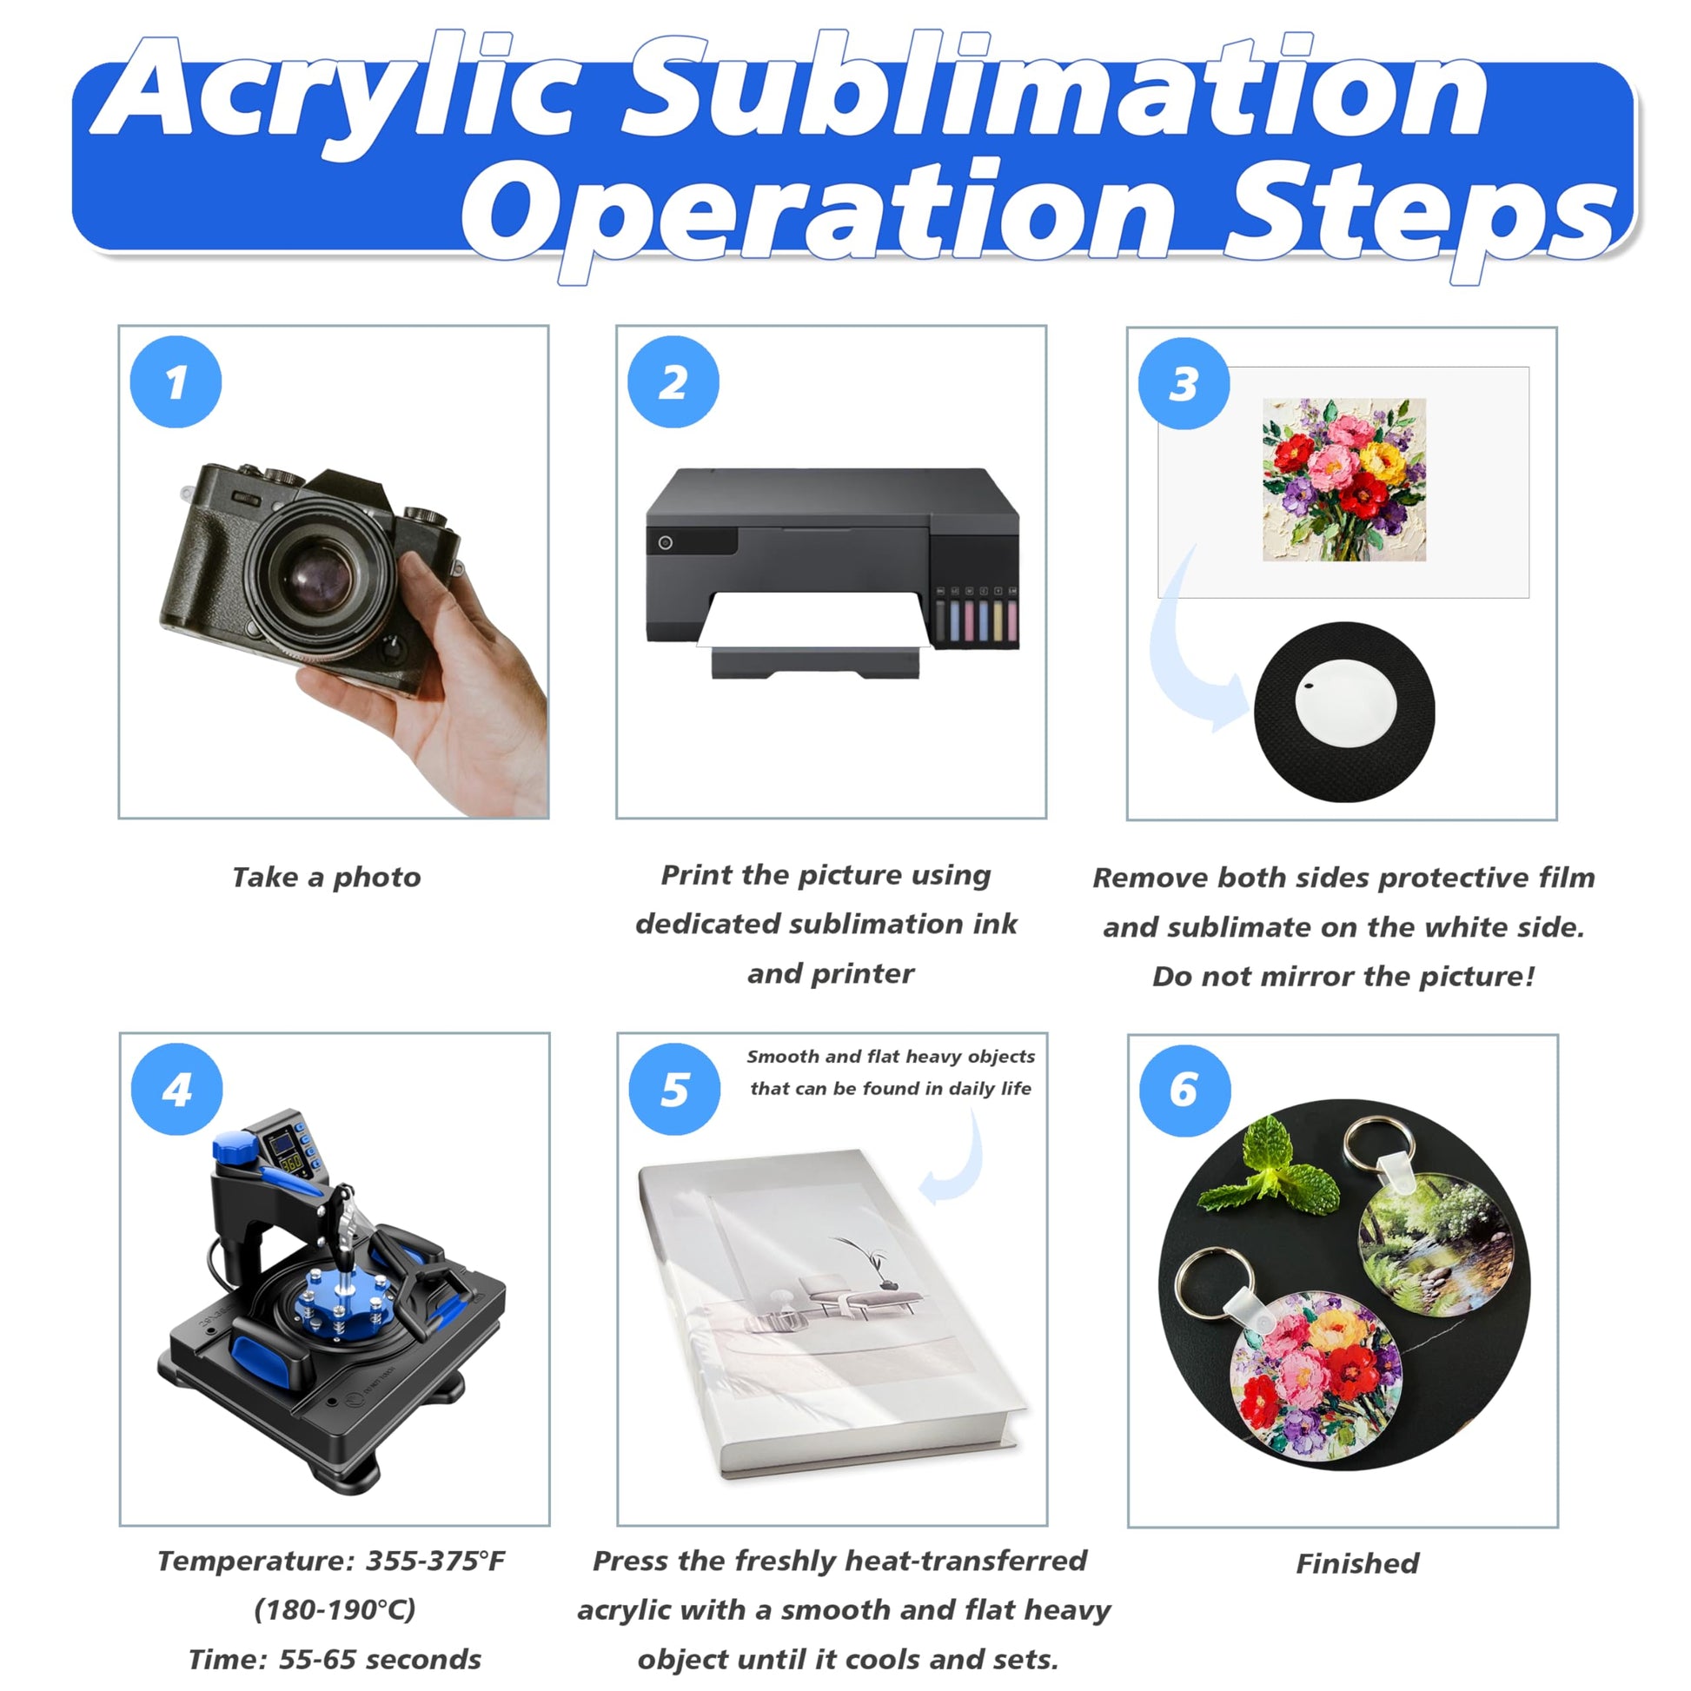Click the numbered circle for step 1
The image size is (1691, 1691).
(x=176, y=382)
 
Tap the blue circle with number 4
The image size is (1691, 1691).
(x=176, y=1090)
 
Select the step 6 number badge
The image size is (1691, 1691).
(x=1185, y=1091)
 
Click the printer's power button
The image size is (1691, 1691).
(x=666, y=542)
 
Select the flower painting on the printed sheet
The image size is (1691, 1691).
(x=1344, y=480)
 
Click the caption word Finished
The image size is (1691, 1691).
(x=1357, y=1562)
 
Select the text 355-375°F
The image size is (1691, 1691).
(x=435, y=1561)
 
